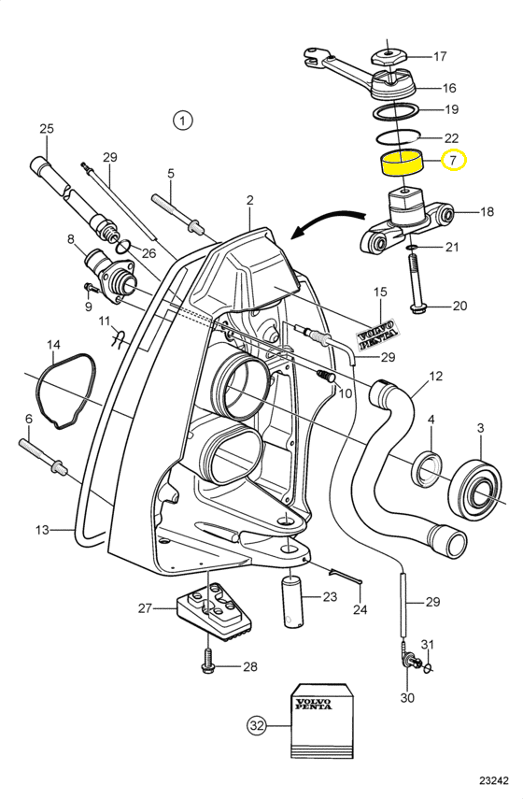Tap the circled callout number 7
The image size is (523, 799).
click(454, 161)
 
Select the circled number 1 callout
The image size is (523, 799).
click(182, 121)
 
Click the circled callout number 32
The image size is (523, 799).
click(257, 724)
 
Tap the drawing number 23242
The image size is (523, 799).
click(493, 780)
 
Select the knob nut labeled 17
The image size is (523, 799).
click(389, 57)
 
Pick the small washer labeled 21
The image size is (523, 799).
click(412, 248)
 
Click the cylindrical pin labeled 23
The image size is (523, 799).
click(293, 602)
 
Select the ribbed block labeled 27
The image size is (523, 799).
click(215, 612)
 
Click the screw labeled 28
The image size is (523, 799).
click(207, 662)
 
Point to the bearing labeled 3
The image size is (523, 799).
click(475, 490)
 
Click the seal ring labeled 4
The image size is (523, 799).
click(427, 469)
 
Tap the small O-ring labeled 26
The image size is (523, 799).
click(122, 249)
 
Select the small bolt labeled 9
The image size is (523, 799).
click(92, 289)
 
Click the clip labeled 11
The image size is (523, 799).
click(119, 338)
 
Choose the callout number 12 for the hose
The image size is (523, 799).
click(435, 377)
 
